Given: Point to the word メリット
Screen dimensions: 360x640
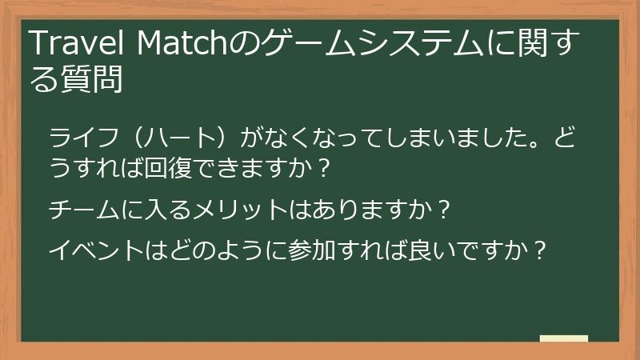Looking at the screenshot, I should [x=250, y=210].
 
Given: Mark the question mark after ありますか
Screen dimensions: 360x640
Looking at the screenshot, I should [x=446, y=210].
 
